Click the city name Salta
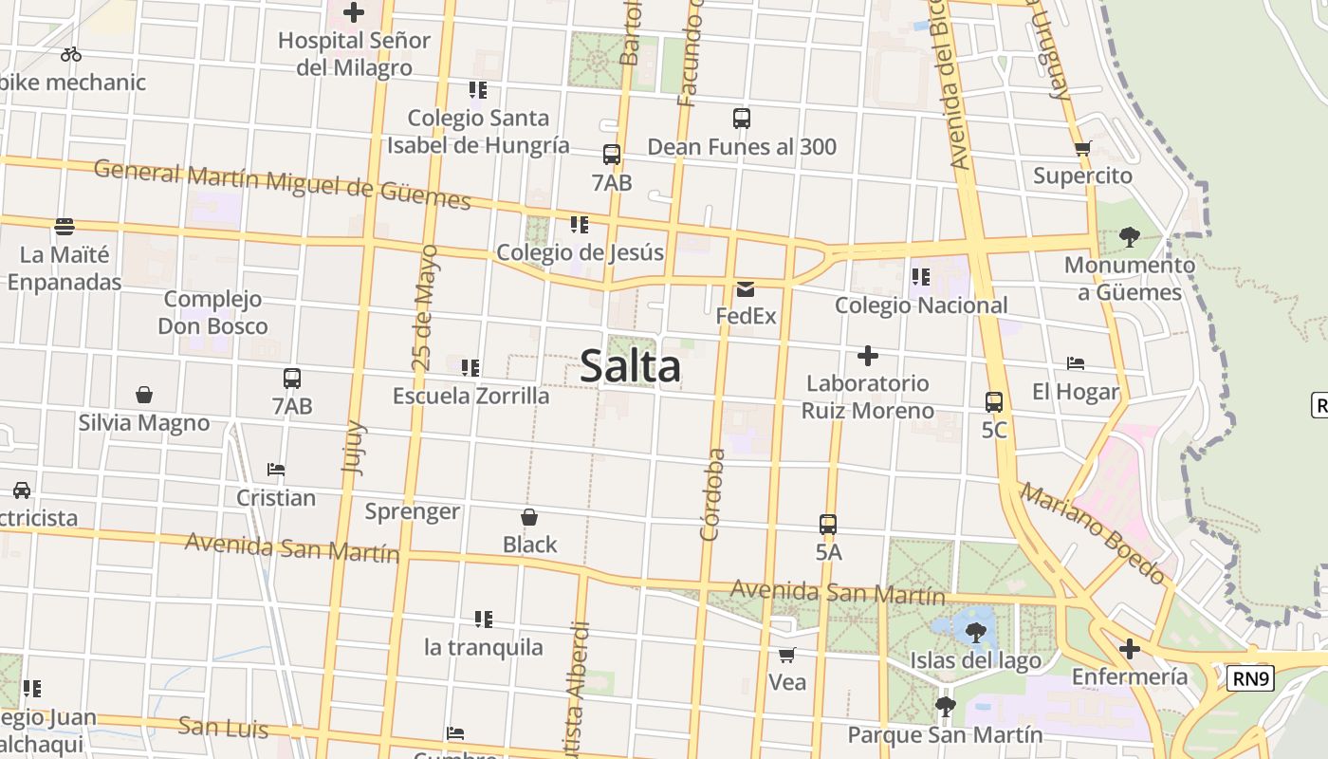pyautogui.click(x=630, y=366)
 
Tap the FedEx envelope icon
pyautogui.click(x=746, y=289)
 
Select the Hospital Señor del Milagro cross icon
pyautogui.click(x=354, y=12)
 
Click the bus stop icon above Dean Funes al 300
pyautogui.click(x=742, y=119)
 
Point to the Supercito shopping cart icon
pyautogui.click(x=1082, y=148)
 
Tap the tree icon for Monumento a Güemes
pyautogui.click(x=1129, y=236)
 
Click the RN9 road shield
pyautogui.click(x=1251, y=678)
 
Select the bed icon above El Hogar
pyautogui.click(x=1076, y=363)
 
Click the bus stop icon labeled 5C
pyautogui.click(x=994, y=402)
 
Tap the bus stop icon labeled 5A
pyautogui.click(x=828, y=524)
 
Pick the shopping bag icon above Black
pyautogui.click(x=529, y=517)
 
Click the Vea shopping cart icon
pyautogui.click(x=786, y=655)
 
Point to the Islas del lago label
pyautogui.click(x=975, y=660)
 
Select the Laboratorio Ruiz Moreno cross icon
pyautogui.click(x=867, y=356)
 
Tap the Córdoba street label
pyautogui.click(x=712, y=494)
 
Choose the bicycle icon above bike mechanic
pyautogui.click(x=71, y=54)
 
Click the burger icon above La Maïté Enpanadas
pyautogui.click(x=65, y=227)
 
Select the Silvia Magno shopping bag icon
pyautogui.click(x=144, y=395)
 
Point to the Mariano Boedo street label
pyautogui.click(x=1093, y=533)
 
